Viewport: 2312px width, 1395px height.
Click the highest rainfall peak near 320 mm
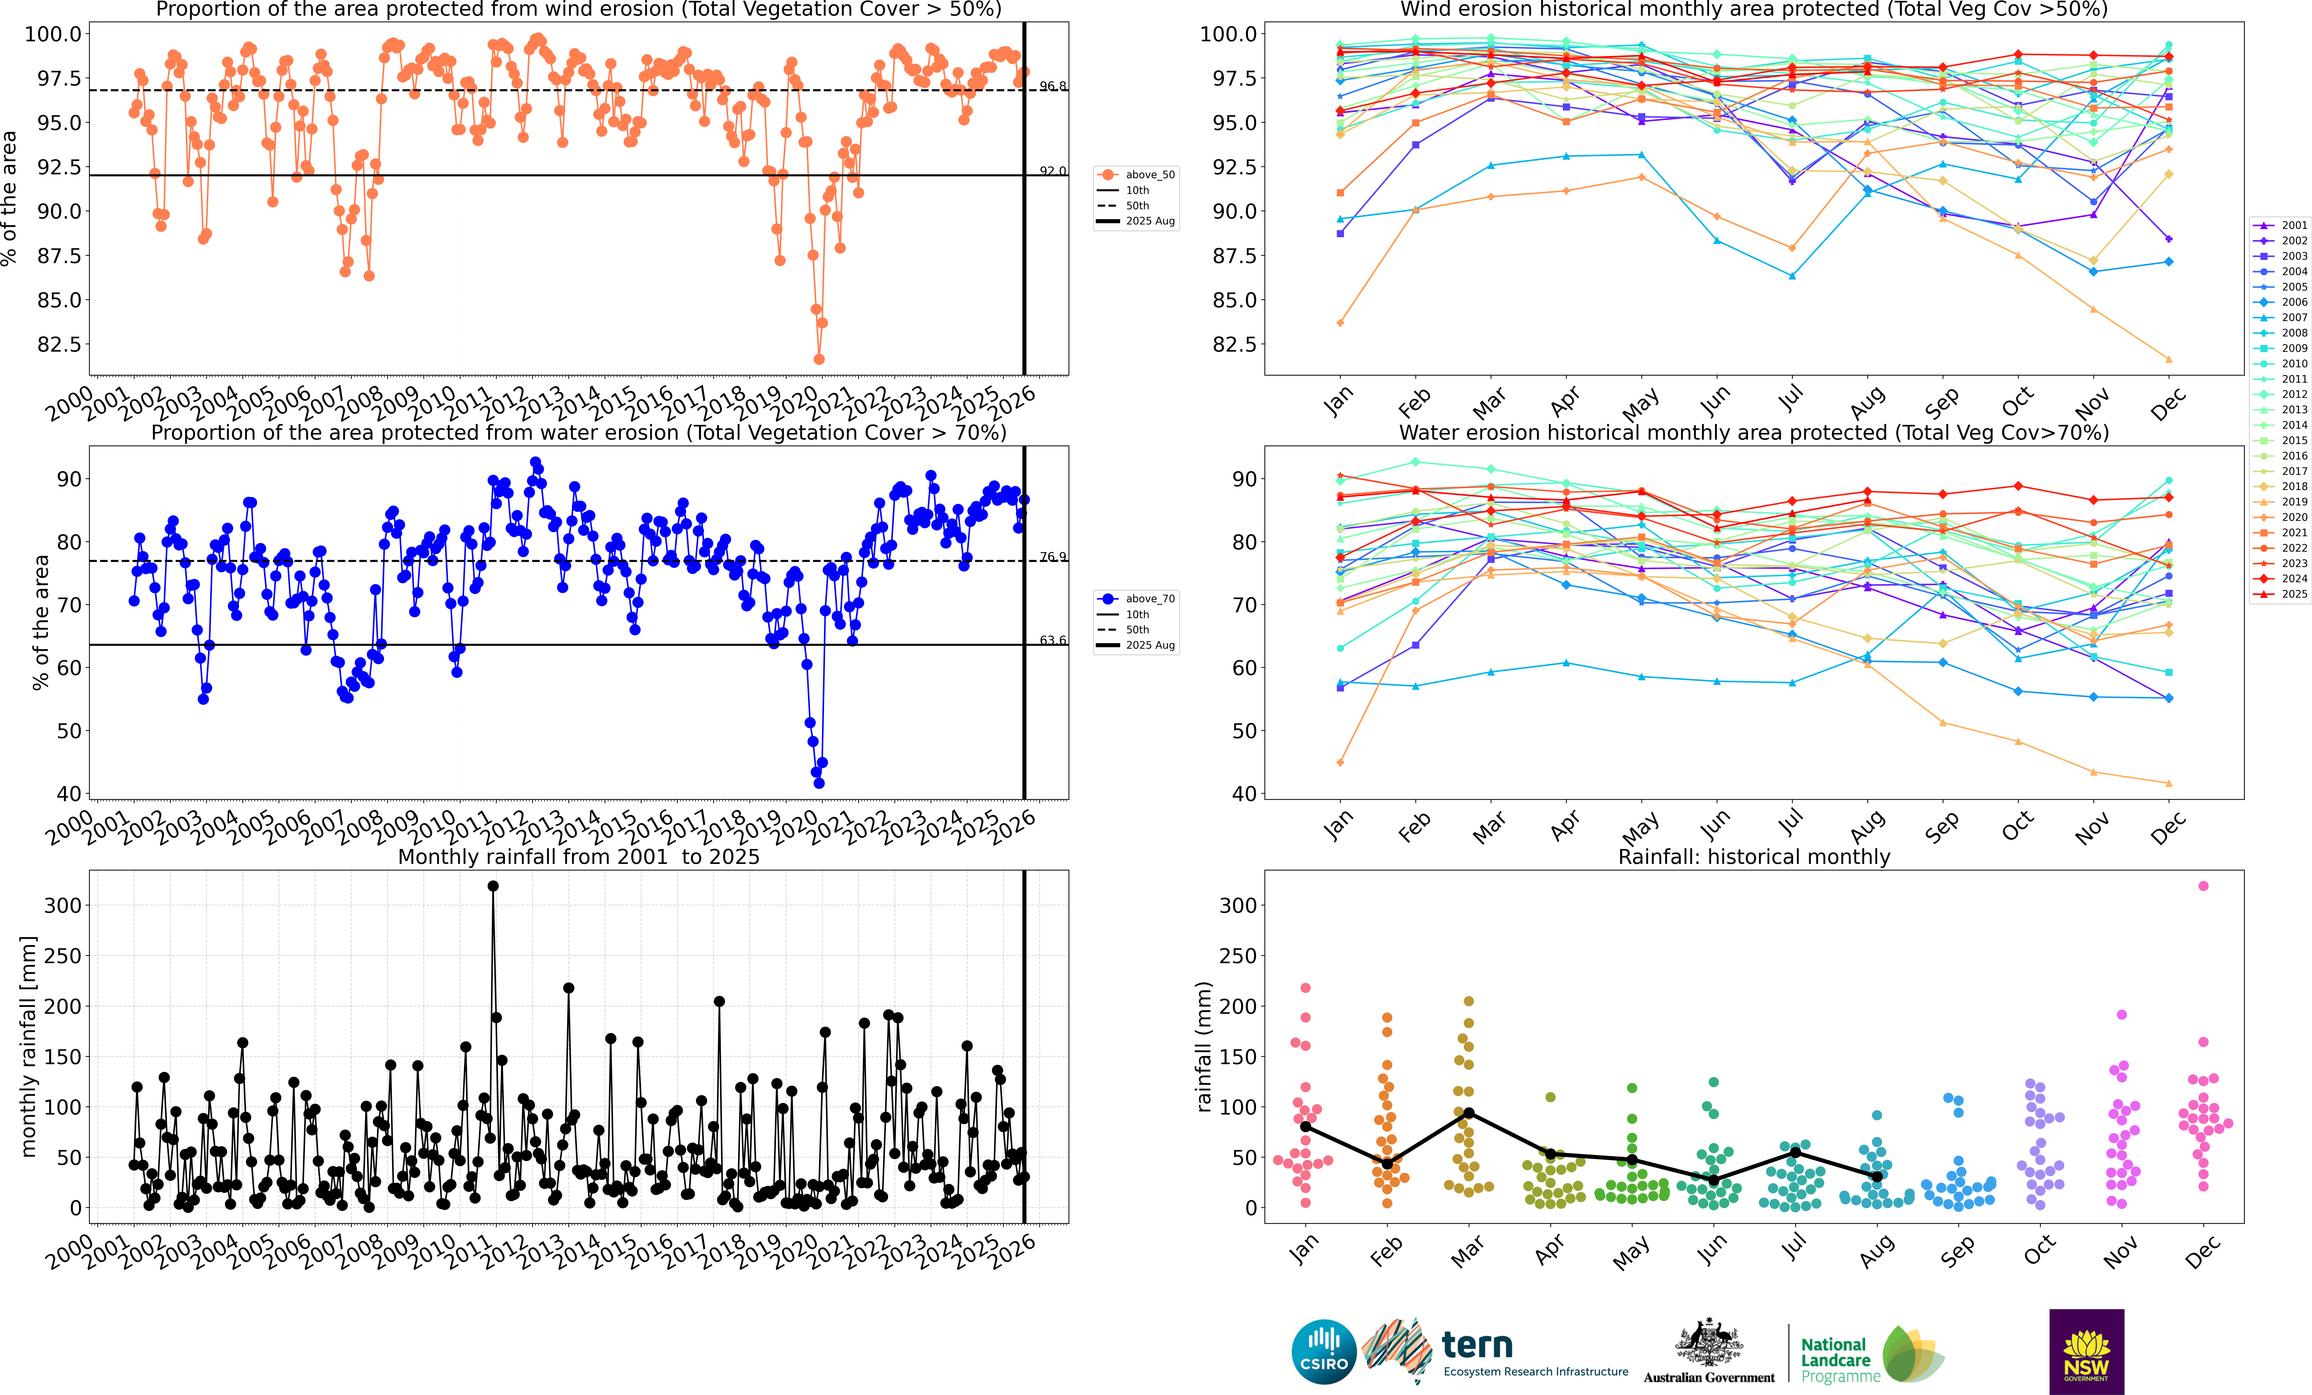tap(494, 886)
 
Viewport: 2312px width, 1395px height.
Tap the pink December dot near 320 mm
tap(2203, 886)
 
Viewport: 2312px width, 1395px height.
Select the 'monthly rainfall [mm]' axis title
tap(28, 1046)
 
